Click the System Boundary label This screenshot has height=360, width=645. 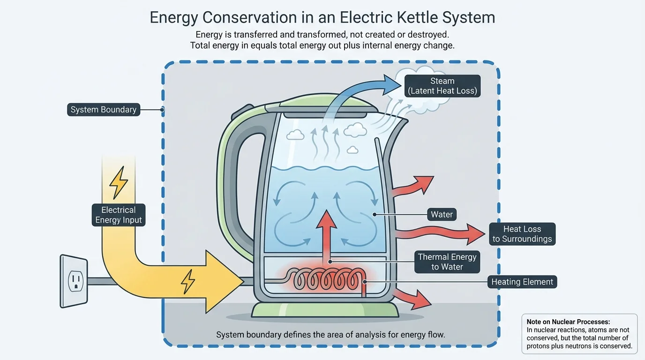coord(104,110)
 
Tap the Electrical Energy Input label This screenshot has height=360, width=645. coord(119,215)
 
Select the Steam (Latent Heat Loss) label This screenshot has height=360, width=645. coord(442,86)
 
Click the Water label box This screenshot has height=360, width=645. coord(442,215)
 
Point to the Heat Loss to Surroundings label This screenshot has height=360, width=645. coord(522,234)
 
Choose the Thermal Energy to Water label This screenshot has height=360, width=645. coord(447,262)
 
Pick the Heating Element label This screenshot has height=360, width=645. coord(522,282)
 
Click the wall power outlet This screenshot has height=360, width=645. coord(74,281)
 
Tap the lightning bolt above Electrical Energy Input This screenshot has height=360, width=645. coord(118,183)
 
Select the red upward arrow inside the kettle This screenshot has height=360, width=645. coord(326,234)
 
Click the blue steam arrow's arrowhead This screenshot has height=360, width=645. coord(392,84)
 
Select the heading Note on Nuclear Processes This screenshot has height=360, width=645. coord(568,322)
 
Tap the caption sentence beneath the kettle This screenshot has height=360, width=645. coord(330,335)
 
